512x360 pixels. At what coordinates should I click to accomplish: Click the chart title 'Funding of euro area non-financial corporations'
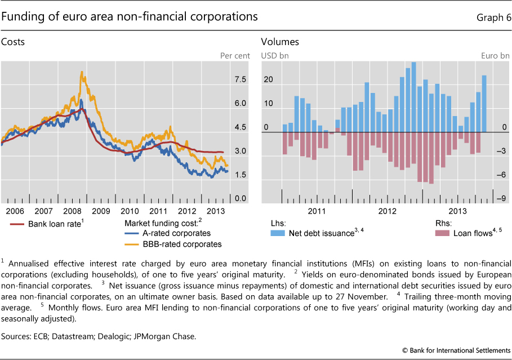130,17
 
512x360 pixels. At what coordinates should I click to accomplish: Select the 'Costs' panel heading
13,42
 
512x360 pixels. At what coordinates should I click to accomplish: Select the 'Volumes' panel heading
279,42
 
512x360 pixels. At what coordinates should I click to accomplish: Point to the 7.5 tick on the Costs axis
240,80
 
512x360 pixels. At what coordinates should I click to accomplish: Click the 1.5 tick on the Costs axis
240,175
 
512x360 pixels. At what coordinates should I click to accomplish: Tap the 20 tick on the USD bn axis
269,80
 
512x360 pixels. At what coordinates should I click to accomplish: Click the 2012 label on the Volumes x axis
389,211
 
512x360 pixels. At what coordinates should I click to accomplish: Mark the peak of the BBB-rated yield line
82,72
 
